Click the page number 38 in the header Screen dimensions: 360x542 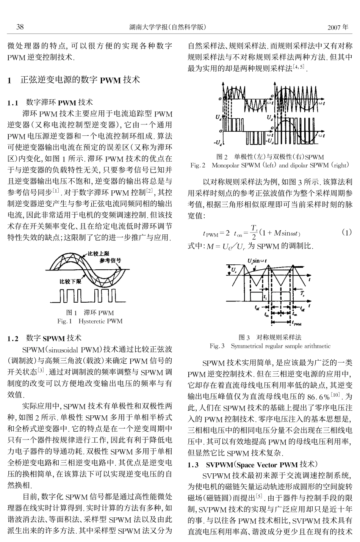20,27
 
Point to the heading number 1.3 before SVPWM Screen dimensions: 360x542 193,465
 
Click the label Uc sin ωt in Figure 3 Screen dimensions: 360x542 257,261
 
